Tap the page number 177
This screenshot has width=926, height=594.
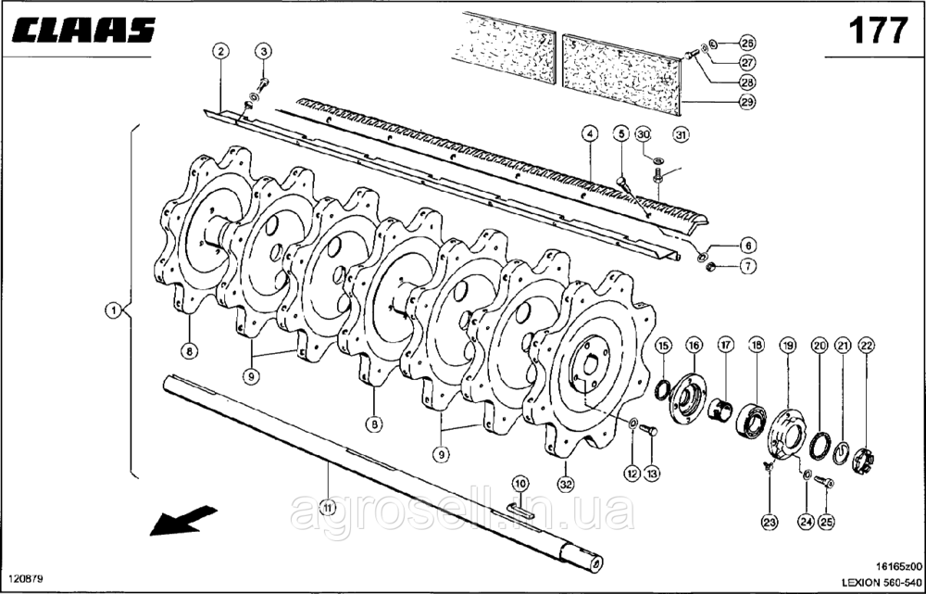(x=878, y=31)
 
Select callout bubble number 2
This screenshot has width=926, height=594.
(x=220, y=51)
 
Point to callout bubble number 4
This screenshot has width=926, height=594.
(x=589, y=134)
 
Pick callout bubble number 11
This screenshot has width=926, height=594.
(x=327, y=507)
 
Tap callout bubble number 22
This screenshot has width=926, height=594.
(x=867, y=345)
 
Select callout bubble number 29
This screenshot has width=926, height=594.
(x=746, y=102)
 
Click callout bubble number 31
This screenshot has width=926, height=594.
(x=682, y=135)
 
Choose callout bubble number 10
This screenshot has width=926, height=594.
(x=519, y=484)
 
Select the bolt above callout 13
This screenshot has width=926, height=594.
(x=648, y=431)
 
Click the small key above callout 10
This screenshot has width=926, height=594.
(x=520, y=511)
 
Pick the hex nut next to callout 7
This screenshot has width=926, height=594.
(x=712, y=267)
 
